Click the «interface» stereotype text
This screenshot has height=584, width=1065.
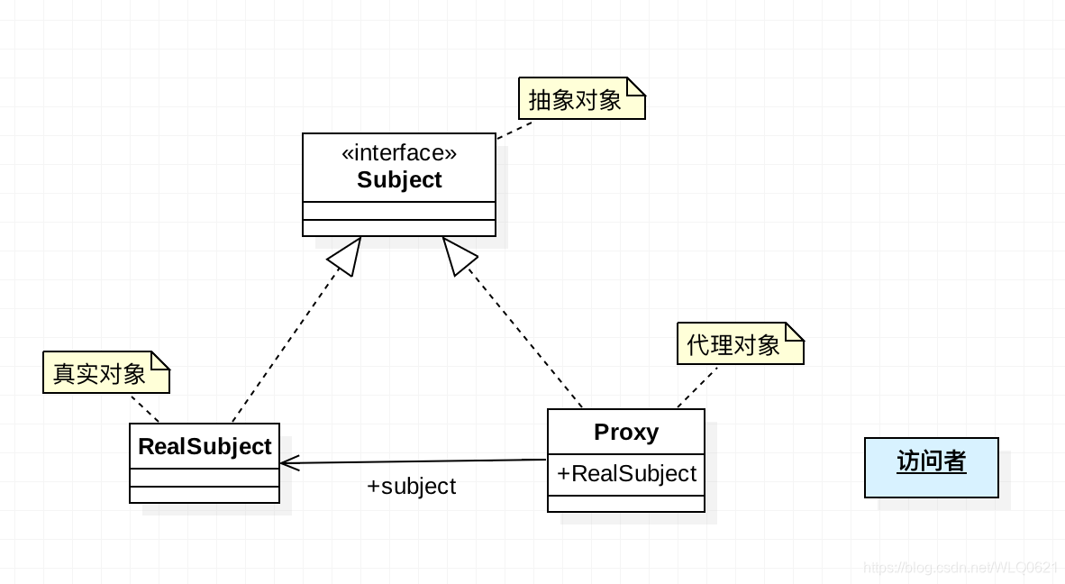pos(398,153)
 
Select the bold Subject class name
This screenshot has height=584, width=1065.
pos(399,180)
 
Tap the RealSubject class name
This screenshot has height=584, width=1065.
pos(205,447)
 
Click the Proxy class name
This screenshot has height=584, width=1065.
pos(626,433)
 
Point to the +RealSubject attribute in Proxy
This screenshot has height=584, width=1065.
pos(626,474)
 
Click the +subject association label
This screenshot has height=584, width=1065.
pos(411,487)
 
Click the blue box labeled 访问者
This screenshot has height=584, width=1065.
pos(932,467)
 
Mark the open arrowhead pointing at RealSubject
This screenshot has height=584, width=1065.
pos(290,463)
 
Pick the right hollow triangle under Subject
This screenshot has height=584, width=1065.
pos(457,255)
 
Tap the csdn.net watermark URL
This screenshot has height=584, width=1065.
pos(959,567)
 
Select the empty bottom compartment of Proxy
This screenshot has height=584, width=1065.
pos(626,503)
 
